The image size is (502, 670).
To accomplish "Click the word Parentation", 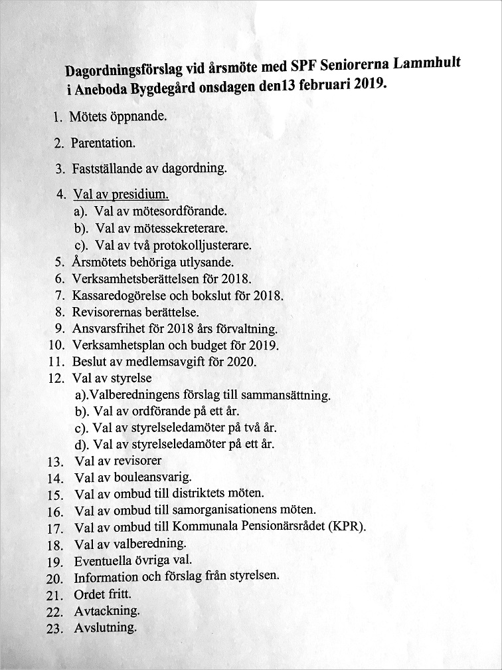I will pos(103,143).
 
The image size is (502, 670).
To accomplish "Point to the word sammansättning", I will pos(286,395).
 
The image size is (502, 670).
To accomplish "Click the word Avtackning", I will pos(106,610).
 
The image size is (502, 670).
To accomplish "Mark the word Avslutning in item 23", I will pos(106,627).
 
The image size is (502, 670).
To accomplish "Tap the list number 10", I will pos(56,346).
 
